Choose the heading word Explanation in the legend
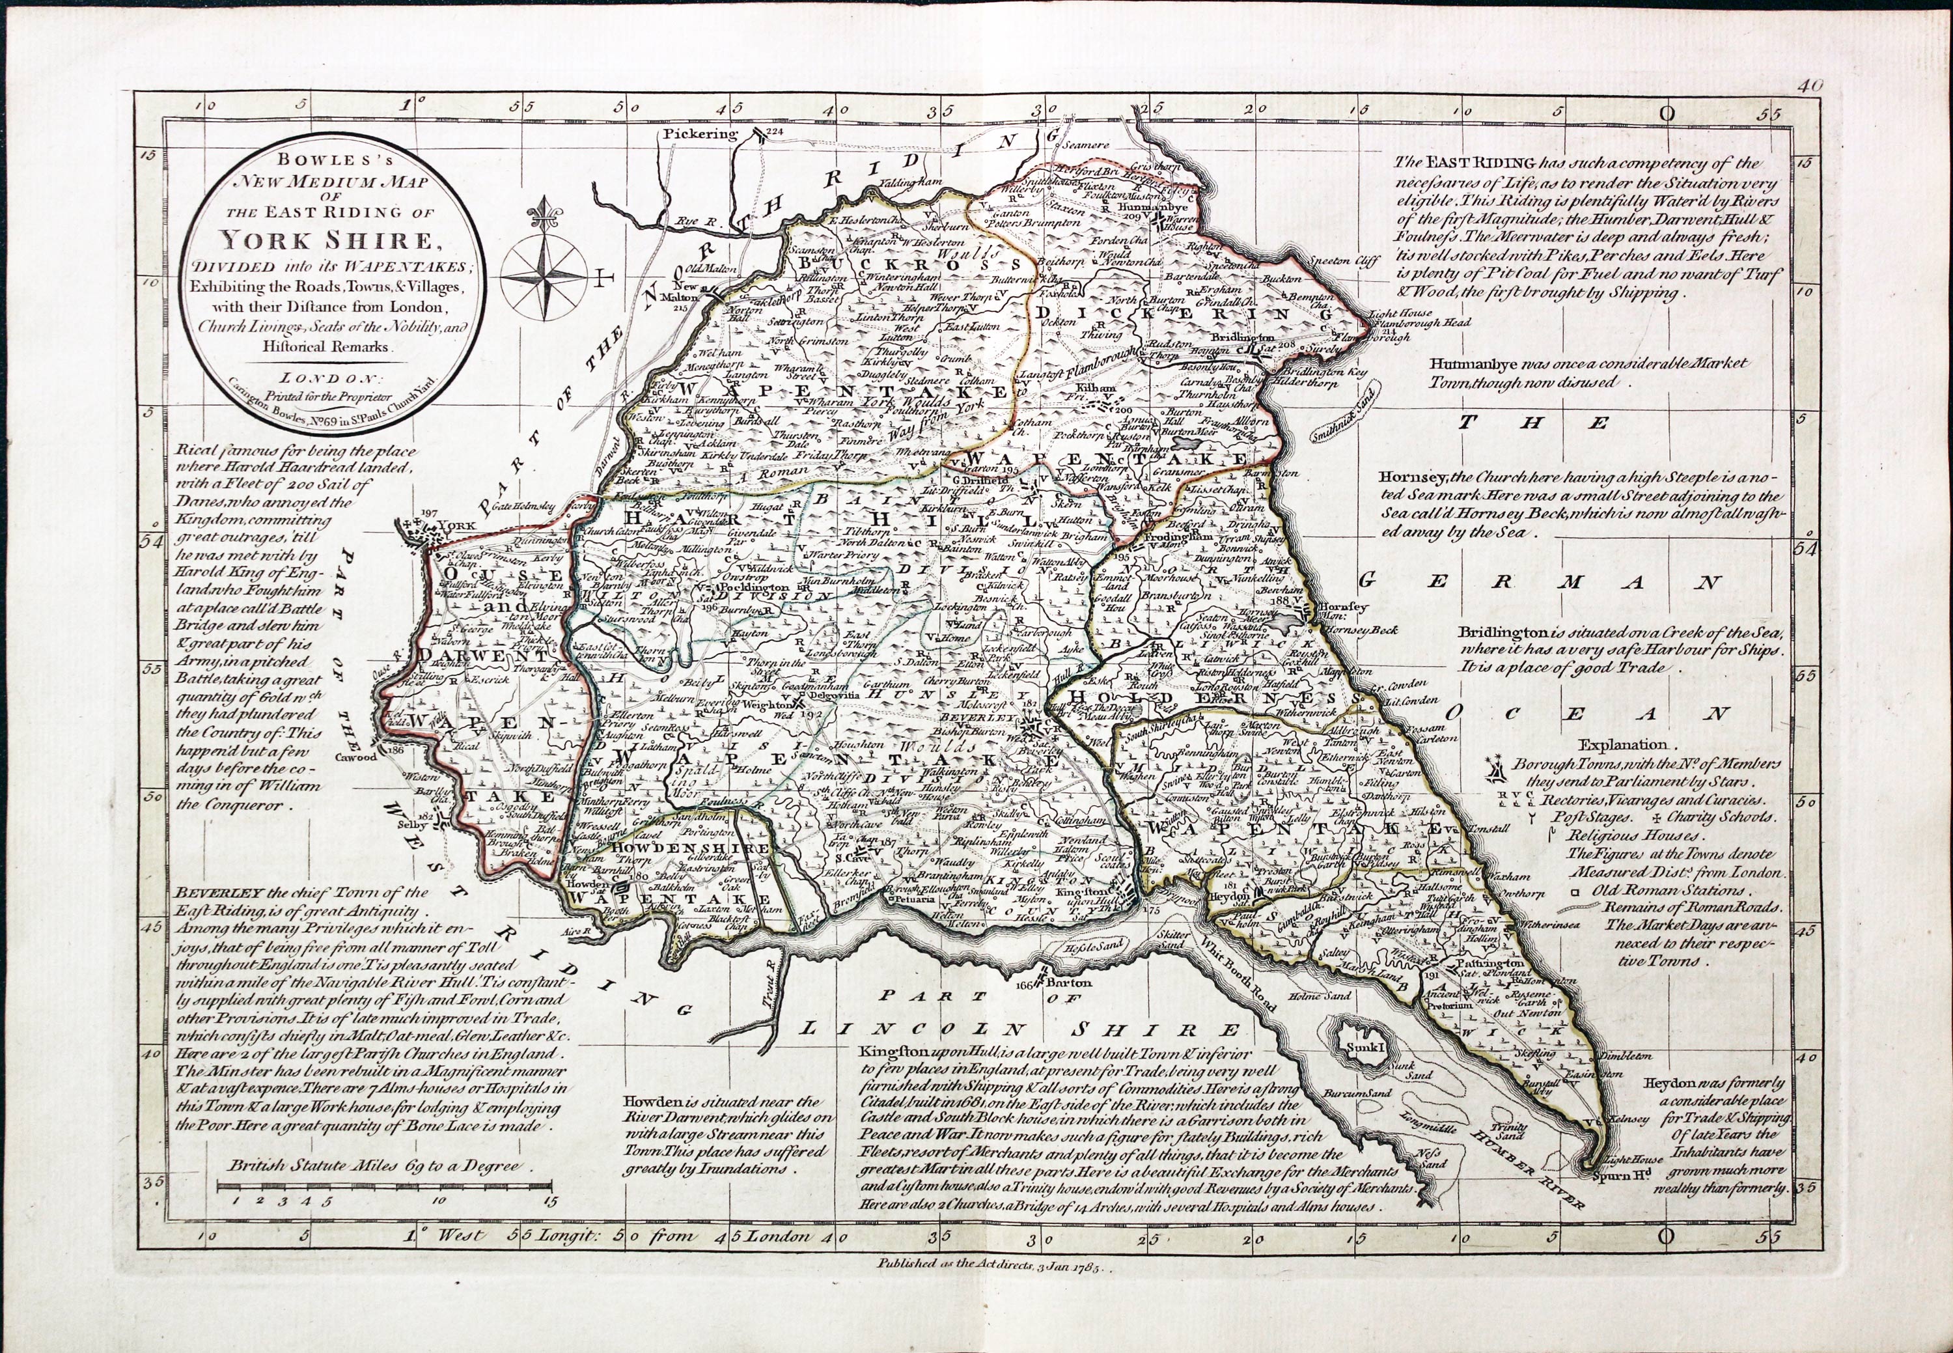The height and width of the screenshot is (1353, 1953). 1621,745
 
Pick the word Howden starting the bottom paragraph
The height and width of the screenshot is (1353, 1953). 649,1101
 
